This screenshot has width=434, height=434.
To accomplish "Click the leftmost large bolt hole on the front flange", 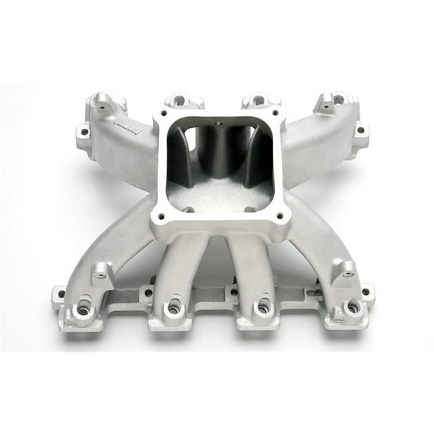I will pos(82,307).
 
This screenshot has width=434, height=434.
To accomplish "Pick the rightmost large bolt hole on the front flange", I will pos(353,307).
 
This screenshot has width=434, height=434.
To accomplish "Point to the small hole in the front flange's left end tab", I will pos(59,293).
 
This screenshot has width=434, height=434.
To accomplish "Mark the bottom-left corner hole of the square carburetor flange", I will pos(160,217).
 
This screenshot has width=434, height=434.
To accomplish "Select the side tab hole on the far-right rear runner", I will pos(360,130).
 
